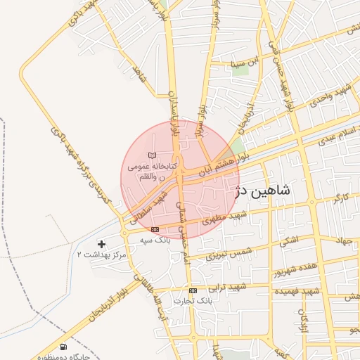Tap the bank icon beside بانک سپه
click(155, 229)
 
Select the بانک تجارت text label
click(195, 300)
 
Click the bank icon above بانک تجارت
click(193, 290)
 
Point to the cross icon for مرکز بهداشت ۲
click(102, 244)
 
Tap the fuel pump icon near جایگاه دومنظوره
click(64, 346)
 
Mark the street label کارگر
click(340, 196)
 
